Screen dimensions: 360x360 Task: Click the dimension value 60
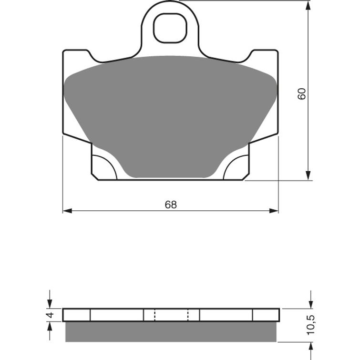[x=301, y=94]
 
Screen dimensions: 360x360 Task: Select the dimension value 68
[x=171, y=205]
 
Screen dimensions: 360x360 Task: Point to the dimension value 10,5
[x=311, y=325]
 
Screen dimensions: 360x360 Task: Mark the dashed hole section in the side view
[x=171, y=315]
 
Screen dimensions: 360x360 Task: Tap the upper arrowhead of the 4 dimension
[x=50, y=304]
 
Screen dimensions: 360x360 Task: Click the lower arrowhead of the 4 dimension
[x=50, y=326]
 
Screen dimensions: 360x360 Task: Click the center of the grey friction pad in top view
[x=171, y=114]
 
